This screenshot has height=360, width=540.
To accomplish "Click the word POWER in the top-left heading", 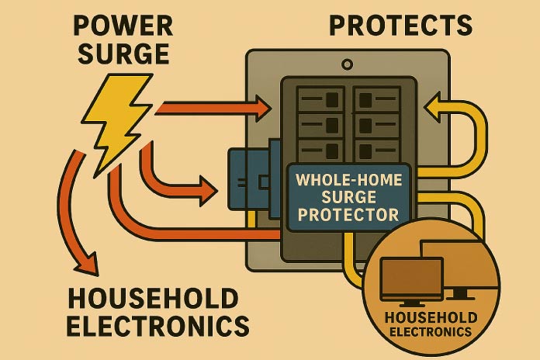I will point(123,27).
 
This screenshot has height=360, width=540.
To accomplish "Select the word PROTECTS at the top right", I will point(400,25).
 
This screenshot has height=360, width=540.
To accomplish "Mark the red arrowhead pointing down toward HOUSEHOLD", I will point(85,264).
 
